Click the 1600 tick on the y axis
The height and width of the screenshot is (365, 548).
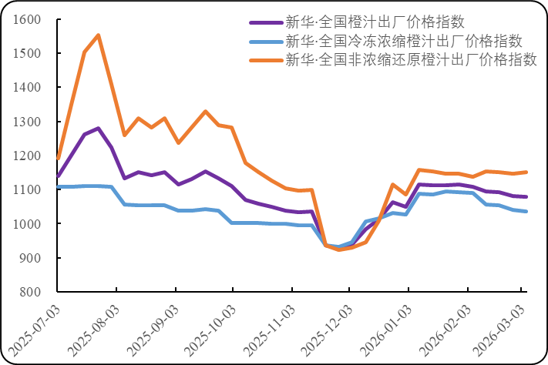pyautogui.click(x=25, y=19)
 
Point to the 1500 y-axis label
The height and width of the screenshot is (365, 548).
pyautogui.click(x=25, y=53)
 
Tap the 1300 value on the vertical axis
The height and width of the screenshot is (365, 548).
pyautogui.click(x=25, y=122)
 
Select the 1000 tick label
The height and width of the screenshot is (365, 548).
pyautogui.click(x=25, y=224)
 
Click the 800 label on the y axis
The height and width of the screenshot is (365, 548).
pyautogui.click(x=29, y=292)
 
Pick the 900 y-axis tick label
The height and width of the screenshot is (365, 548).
pyautogui.click(x=29, y=258)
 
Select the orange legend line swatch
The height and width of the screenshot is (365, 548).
pyautogui.click(x=264, y=60)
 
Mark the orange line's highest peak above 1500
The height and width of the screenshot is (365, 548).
pyautogui.click(x=98, y=35)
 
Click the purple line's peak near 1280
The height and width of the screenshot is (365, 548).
pyautogui.click(x=98, y=128)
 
